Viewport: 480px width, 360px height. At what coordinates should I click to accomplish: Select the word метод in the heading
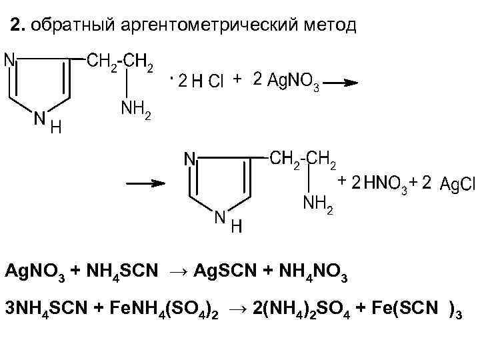point(327,26)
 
